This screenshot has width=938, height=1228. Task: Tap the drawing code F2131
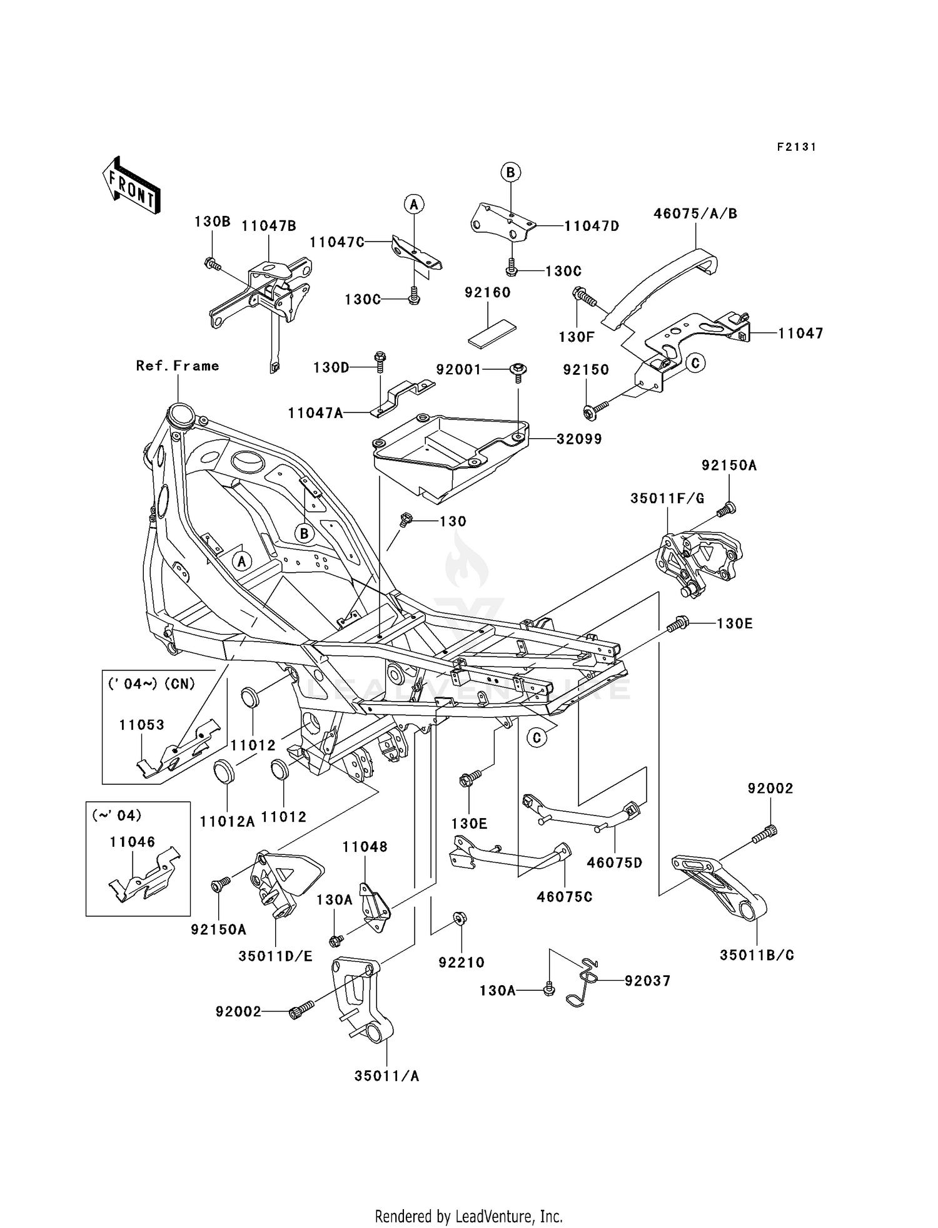796,147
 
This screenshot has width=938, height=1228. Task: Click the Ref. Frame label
178,366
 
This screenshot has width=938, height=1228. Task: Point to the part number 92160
487,293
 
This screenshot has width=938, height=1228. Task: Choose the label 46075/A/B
695,214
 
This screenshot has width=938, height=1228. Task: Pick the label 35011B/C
757,956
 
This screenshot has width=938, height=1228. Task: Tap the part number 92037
647,981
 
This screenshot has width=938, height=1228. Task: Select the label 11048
365,847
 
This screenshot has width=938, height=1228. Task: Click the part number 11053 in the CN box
142,725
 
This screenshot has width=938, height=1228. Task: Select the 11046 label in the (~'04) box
132,842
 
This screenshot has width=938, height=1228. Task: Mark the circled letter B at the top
510,172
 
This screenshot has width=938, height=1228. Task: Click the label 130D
331,368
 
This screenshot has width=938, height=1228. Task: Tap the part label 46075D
614,863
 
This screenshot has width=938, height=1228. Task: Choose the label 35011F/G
667,499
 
